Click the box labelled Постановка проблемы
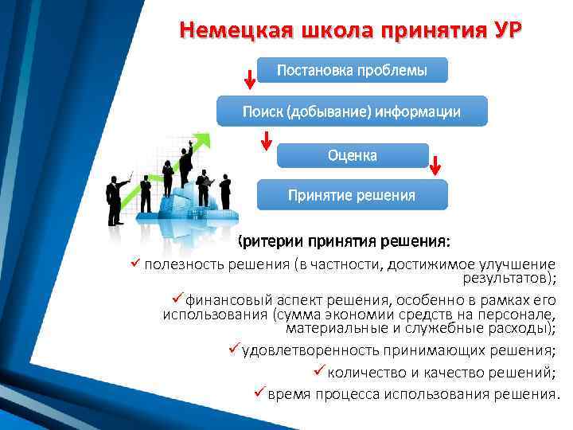tap(352, 70)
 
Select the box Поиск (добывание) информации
tap(351, 112)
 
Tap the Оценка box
tap(352, 155)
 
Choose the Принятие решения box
tap(352, 194)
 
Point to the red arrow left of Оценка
tap(267, 140)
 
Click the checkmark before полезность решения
tap(134, 264)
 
